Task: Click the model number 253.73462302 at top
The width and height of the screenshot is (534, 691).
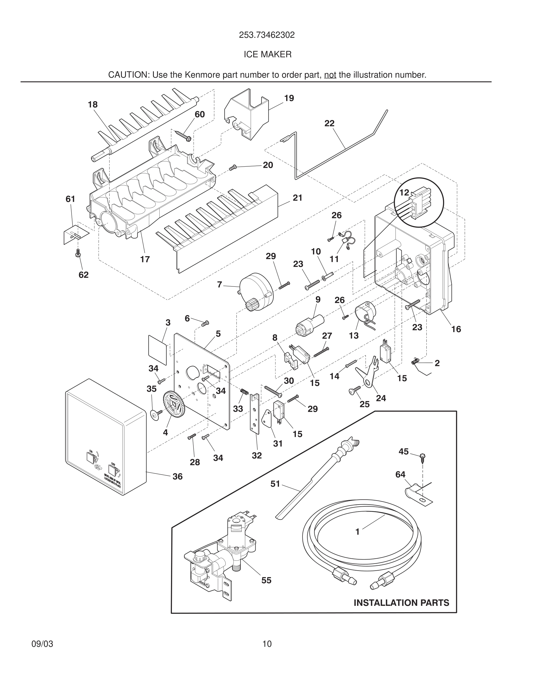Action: pos(267,35)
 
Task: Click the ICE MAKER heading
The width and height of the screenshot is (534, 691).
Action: pos(267,54)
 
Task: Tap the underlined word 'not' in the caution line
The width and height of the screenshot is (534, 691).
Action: pos(330,75)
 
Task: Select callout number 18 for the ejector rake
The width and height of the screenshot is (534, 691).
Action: pos(93,105)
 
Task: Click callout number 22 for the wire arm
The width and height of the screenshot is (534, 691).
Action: pos(329,123)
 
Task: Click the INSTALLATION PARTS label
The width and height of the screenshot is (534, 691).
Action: pos(401,603)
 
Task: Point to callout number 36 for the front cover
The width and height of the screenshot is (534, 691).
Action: pos(177,476)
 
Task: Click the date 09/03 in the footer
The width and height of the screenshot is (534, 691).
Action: pos(42,644)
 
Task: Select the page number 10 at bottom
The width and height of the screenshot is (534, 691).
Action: pos(267,644)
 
